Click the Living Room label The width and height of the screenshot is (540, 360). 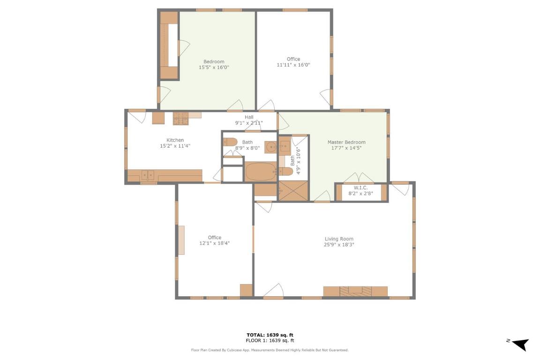click(338, 239)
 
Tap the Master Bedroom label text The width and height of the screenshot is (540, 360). click(346, 142)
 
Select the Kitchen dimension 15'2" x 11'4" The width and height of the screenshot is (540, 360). click(175, 146)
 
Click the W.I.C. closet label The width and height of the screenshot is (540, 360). click(360, 187)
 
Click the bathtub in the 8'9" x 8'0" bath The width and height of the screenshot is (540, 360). click(261, 172)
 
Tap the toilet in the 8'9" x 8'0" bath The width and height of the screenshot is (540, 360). click(230, 142)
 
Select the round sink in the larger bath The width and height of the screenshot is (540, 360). click(270, 147)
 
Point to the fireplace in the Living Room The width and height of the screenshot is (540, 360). click(355, 291)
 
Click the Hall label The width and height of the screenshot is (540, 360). click(248, 117)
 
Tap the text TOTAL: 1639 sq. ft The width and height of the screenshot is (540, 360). click(270, 335)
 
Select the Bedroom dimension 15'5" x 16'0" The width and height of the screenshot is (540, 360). click(214, 67)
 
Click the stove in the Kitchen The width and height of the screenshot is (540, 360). click(180, 119)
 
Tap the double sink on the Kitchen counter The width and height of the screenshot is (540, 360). click(148, 175)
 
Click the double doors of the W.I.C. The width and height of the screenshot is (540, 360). click(359, 179)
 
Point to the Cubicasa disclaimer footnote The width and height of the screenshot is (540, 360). click(270, 350)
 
